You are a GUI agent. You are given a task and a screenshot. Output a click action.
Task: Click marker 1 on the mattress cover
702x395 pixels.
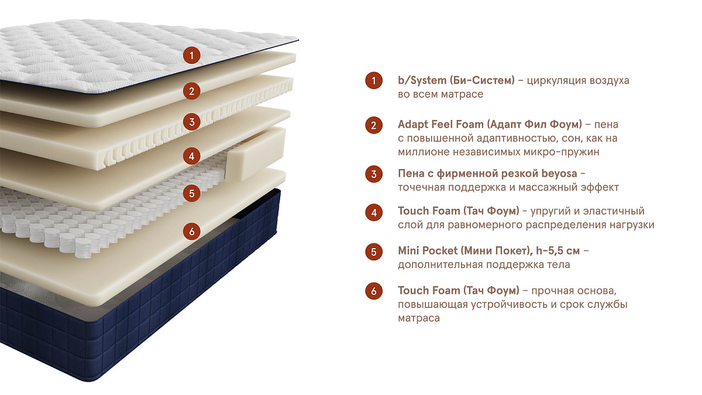click(191, 56)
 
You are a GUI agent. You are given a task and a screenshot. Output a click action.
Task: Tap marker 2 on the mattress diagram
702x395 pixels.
click(191, 91)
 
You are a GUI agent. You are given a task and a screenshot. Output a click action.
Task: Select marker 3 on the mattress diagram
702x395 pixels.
click(191, 122)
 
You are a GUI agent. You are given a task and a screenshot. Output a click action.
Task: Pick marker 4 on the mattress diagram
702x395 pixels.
click(191, 156)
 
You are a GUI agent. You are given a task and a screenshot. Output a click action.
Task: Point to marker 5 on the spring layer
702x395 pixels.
click(191, 193)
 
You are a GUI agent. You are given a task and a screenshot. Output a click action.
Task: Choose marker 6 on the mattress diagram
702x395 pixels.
click(191, 231)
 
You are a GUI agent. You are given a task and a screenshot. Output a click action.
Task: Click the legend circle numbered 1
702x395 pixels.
click(374, 80)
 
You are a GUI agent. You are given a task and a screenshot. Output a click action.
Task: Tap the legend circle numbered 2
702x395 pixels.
click(374, 125)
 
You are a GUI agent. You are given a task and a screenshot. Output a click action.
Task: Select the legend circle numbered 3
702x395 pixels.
click(374, 174)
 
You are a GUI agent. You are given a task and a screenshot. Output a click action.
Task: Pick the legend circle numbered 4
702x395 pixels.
click(374, 212)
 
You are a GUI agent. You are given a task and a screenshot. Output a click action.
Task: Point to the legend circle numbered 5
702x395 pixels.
click(374, 252)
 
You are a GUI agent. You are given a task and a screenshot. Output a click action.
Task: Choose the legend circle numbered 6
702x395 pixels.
click(374, 291)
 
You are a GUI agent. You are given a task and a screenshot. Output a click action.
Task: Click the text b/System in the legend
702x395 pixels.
click(422, 81)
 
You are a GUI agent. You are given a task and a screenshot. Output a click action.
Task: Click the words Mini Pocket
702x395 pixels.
click(428, 251)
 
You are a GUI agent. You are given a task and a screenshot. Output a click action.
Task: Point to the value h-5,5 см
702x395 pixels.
click(558, 251)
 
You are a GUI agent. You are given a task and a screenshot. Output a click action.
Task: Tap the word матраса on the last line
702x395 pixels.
click(419, 318)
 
